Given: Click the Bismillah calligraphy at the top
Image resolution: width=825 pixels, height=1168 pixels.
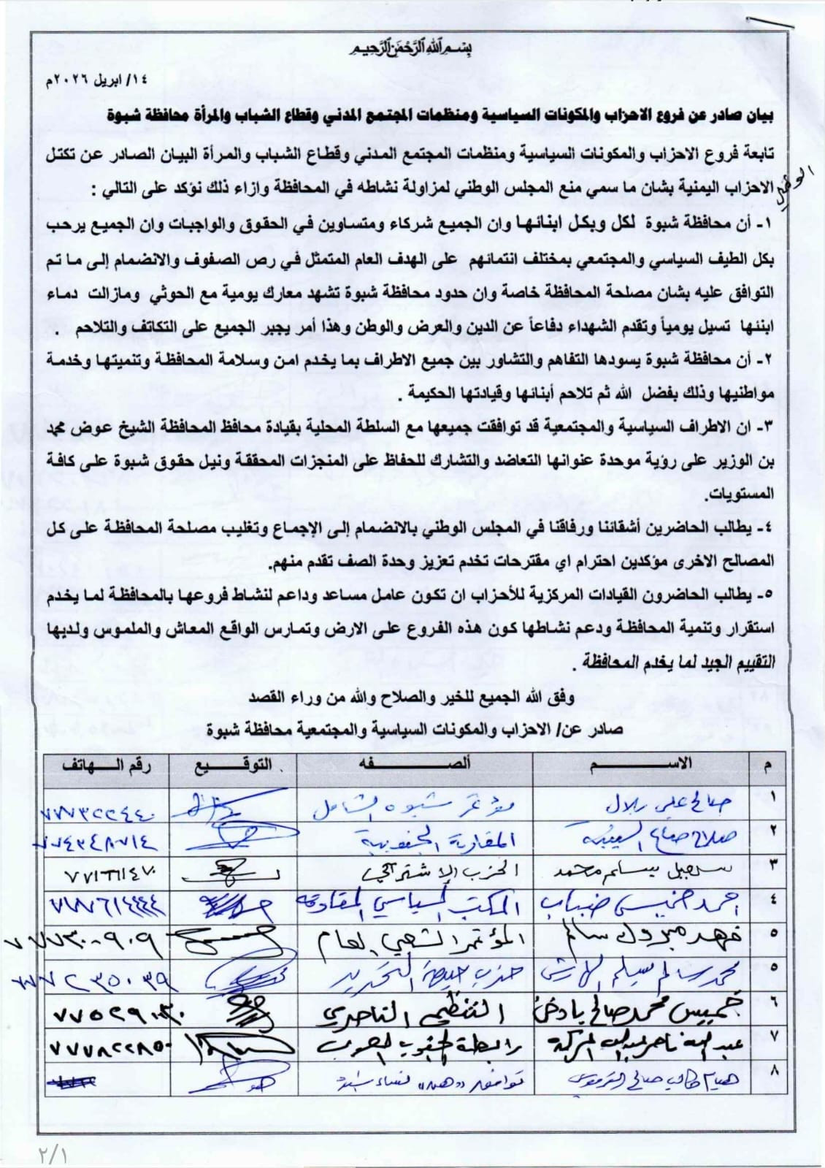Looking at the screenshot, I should [x=412, y=50].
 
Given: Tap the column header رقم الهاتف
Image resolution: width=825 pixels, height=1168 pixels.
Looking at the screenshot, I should [x=107, y=767].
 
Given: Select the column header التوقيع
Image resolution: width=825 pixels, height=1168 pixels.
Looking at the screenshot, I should [x=233, y=767].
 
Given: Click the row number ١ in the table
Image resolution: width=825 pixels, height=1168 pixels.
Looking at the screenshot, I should [x=772, y=799].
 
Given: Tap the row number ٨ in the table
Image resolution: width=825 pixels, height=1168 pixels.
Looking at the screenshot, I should [x=772, y=1072].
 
